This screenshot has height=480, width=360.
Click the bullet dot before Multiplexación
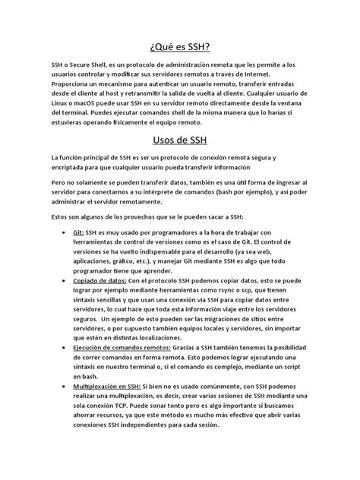[x=60, y=386]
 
